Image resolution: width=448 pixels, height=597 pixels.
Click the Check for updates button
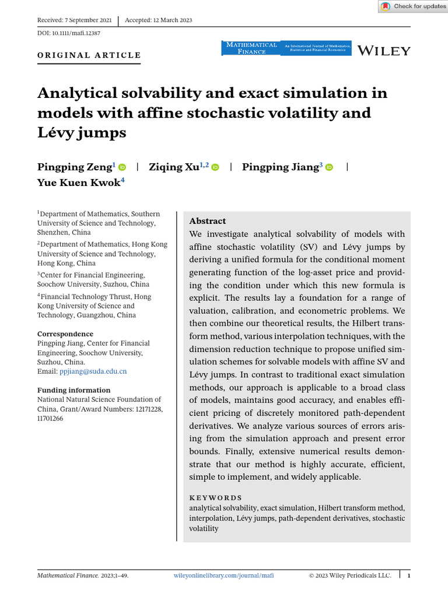tap(412, 6)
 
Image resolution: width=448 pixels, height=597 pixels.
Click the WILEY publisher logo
tap(384, 51)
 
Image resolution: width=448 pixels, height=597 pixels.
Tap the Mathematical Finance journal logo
tap(250, 48)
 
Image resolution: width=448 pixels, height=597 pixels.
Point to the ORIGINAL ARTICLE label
tap(89, 55)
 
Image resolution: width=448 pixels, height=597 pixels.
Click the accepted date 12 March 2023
tap(159, 20)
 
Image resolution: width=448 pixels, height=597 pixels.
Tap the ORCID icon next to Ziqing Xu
tap(215, 167)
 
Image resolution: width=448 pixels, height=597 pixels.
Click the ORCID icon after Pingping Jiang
tap(329, 167)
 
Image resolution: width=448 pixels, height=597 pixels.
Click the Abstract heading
tap(207, 221)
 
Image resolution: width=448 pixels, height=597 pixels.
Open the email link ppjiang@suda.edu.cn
tap(93, 371)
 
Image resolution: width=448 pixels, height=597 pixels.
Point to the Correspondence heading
tap(65, 334)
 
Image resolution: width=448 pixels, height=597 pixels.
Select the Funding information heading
tap(73, 390)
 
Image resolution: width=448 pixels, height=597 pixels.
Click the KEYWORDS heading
tap(215, 498)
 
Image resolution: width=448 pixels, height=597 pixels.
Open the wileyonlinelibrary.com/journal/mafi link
tap(224, 575)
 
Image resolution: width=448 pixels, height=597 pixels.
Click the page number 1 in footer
tap(409, 575)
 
